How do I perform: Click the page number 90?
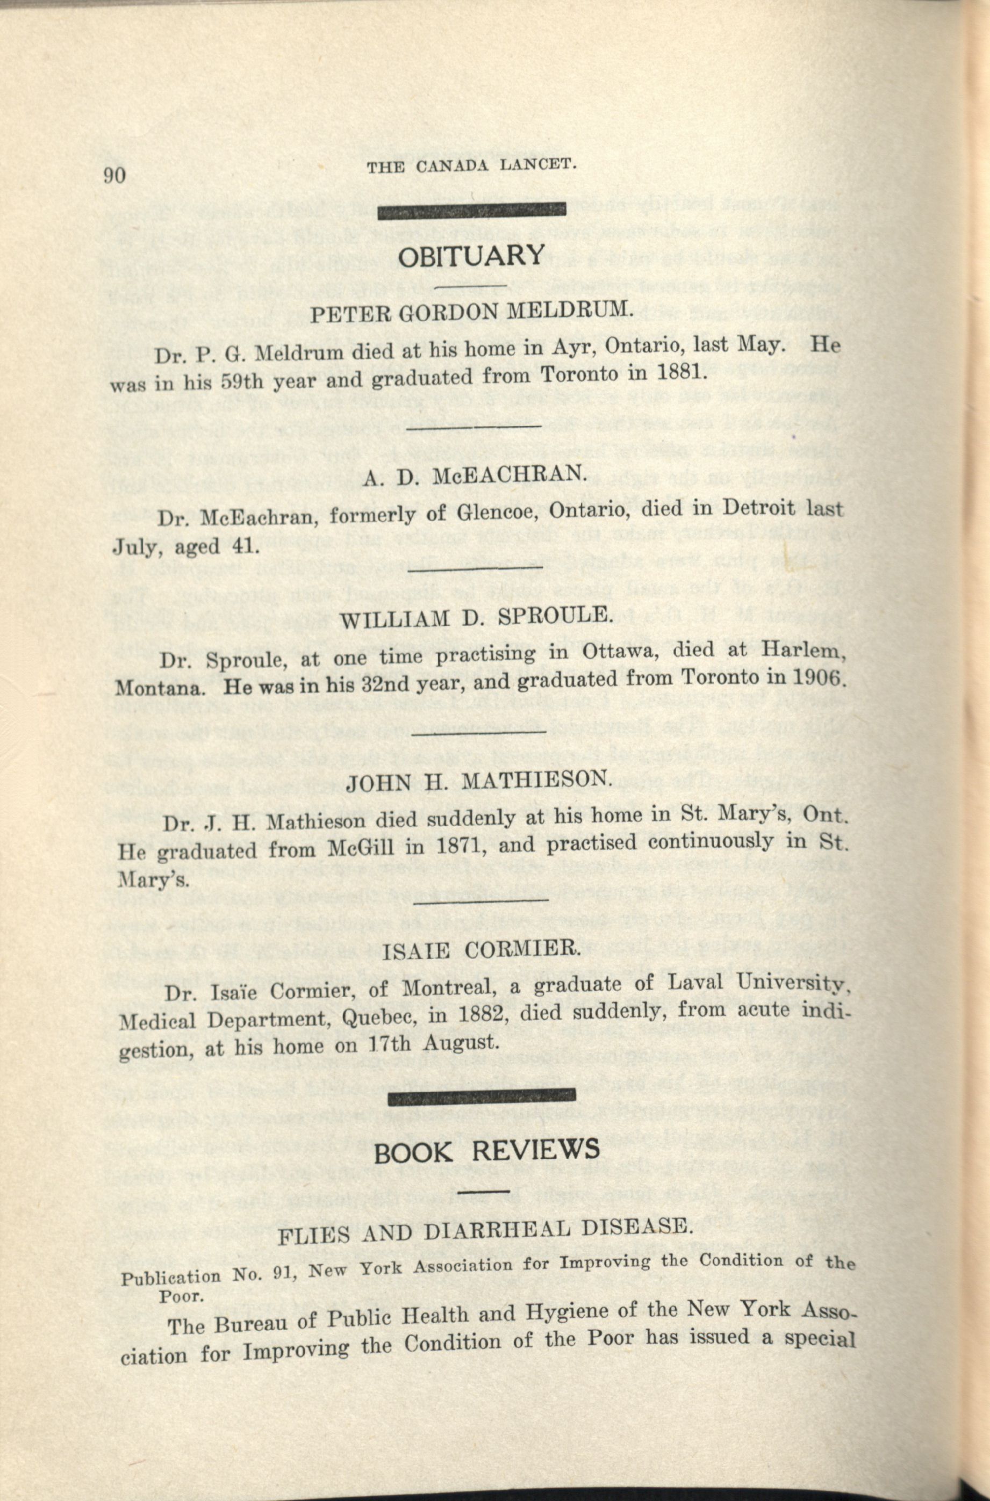[x=115, y=175]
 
